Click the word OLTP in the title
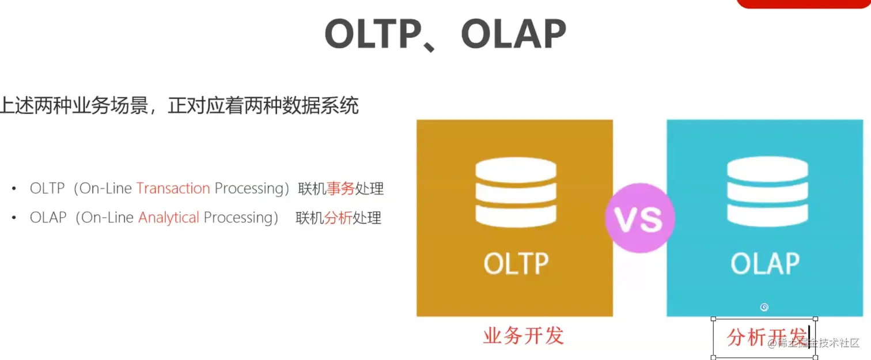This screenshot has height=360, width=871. (373, 34)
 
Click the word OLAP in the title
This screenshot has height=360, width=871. (514, 34)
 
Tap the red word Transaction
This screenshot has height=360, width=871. (173, 188)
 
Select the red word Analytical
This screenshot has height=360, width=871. (169, 217)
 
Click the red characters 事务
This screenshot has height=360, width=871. (340, 188)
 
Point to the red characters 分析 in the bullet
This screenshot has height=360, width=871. (338, 218)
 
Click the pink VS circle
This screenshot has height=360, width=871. (639, 218)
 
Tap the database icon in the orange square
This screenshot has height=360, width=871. (516, 192)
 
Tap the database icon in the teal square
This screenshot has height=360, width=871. (767, 191)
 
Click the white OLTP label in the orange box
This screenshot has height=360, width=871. (516, 264)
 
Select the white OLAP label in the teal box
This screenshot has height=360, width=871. (765, 264)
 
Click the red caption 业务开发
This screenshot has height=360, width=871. (524, 335)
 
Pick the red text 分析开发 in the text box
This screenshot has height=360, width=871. (766, 337)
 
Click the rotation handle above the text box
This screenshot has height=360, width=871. (764, 307)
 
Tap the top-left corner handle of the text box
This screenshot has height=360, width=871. (713, 319)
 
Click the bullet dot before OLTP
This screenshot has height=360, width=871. (14, 188)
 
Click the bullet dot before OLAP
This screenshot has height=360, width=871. (14, 217)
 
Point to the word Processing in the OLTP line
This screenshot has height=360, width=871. (249, 188)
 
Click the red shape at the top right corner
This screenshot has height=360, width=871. (804, 4)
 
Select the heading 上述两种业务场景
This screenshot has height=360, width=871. (74, 105)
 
